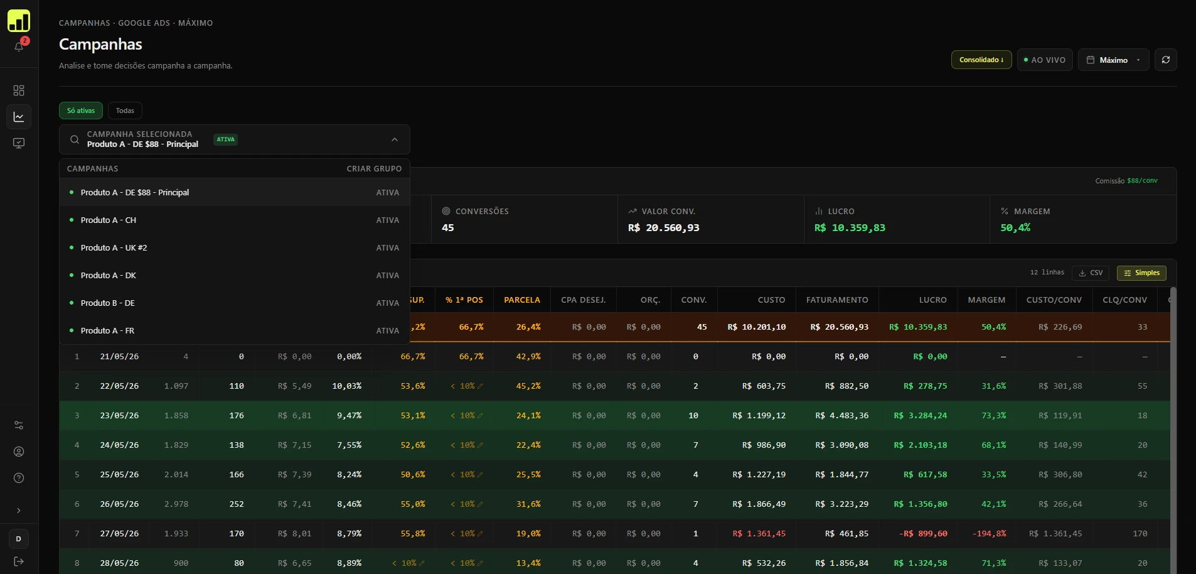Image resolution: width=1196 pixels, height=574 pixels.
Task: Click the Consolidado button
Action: (x=981, y=60)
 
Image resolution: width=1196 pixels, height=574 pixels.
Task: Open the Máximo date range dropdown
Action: (x=1113, y=60)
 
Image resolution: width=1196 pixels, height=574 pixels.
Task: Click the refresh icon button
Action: (x=1165, y=60)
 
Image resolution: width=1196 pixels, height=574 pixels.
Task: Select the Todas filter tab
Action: (x=125, y=111)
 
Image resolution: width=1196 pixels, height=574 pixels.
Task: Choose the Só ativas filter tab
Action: (x=81, y=111)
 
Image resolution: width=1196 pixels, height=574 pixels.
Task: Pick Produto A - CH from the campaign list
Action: (x=109, y=220)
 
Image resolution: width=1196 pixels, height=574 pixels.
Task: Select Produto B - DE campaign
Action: (x=108, y=303)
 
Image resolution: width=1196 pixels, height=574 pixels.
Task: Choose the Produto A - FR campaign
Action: (x=107, y=330)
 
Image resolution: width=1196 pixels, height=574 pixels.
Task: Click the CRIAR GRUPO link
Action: (x=374, y=169)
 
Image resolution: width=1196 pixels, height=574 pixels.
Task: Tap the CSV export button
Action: (x=1091, y=273)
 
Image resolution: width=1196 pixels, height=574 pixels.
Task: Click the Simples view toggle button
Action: (x=1141, y=273)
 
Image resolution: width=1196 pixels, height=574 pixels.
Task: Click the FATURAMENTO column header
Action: (x=837, y=300)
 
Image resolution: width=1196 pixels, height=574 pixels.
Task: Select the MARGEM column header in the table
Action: (x=986, y=300)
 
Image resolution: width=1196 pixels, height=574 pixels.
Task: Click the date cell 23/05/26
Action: (x=119, y=416)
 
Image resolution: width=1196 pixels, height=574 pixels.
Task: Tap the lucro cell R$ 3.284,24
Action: (x=921, y=416)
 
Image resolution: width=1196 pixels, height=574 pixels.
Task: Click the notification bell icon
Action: (x=19, y=46)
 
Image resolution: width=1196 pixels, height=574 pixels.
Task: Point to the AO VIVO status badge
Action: (x=1045, y=60)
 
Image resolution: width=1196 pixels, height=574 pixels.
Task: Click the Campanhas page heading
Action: (x=100, y=45)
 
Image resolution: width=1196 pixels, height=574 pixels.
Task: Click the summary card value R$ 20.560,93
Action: (x=663, y=228)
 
